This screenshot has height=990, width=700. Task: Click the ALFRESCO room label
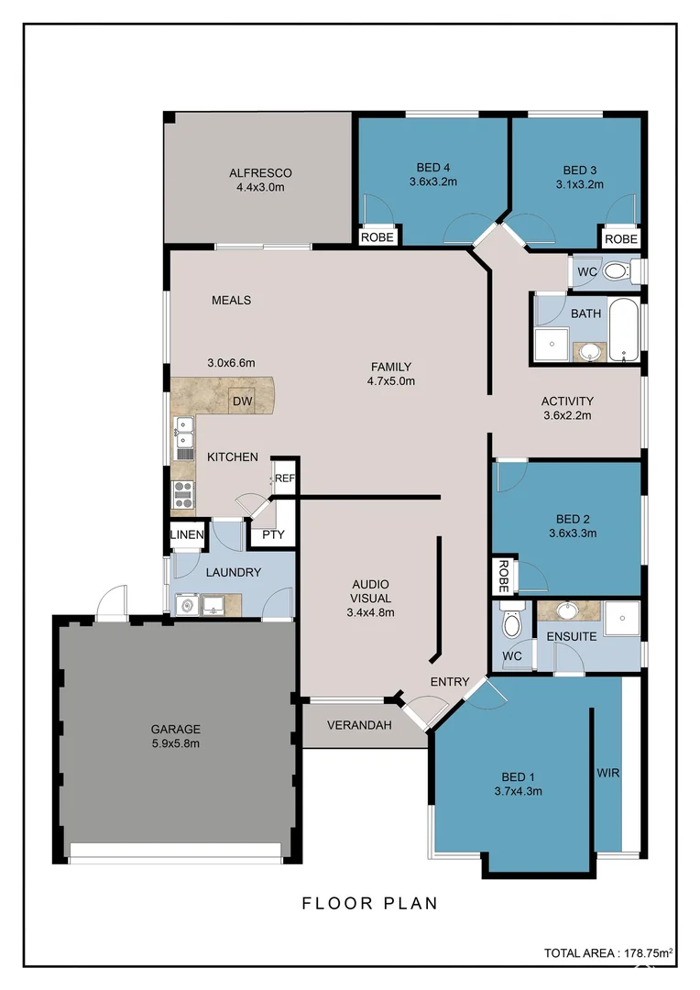(260, 172)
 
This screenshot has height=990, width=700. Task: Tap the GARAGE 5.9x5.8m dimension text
(176, 743)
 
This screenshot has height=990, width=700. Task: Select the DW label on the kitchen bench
(242, 401)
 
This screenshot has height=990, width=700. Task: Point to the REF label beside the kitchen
(285, 478)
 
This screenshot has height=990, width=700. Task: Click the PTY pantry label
(273, 534)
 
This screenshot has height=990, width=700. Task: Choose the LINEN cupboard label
(187, 534)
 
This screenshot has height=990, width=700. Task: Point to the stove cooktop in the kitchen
(184, 494)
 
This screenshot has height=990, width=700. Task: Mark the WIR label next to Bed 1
(607, 773)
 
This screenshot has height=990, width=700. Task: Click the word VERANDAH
(361, 725)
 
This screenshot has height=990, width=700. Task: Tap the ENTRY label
(450, 681)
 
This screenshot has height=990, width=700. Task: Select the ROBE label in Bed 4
(377, 236)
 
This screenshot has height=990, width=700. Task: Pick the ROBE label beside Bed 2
(503, 576)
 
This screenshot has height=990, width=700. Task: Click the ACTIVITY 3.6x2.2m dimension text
(567, 415)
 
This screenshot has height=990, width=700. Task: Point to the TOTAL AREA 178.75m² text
(607, 953)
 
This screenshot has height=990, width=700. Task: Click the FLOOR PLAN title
(370, 903)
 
